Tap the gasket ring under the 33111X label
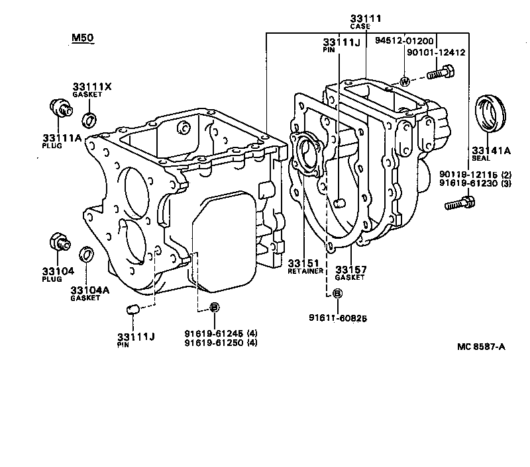[x=89, y=120]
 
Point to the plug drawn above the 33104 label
[x=60, y=242]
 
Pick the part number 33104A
[x=85, y=289]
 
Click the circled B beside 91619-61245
[x=214, y=307]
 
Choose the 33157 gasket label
[x=349, y=269]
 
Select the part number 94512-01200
[x=407, y=41]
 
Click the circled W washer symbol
[x=403, y=82]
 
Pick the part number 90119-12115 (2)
[x=474, y=175]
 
